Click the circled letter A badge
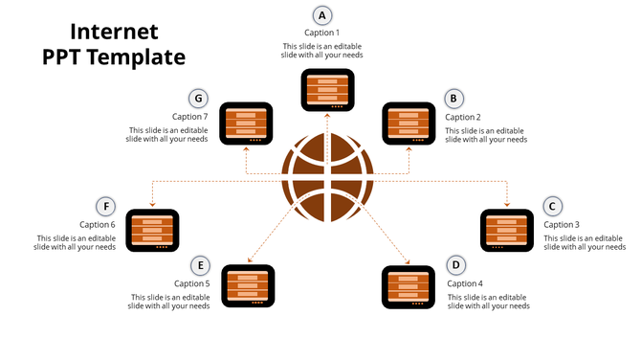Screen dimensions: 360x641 [x=322, y=14]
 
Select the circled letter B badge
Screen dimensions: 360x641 [x=454, y=98]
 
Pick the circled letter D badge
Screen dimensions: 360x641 [x=455, y=265]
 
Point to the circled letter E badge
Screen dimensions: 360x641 [x=200, y=265]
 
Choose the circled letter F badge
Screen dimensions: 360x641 [x=106, y=206]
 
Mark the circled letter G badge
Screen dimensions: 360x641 [x=199, y=98]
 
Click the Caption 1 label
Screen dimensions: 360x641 [x=322, y=33]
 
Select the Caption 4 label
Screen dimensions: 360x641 [x=465, y=283]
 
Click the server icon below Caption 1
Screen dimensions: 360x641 [x=328, y=91]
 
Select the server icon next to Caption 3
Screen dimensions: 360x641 [x=506, y=230]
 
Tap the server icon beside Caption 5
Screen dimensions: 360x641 [x=248, y=287]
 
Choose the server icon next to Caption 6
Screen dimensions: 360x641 [x=153, y=230]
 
